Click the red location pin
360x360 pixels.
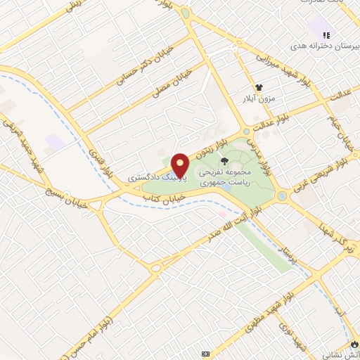(x=180, y=165)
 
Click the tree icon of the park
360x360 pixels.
(x=224, y=162)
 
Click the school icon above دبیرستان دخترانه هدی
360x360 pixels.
(x=325, y=34)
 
